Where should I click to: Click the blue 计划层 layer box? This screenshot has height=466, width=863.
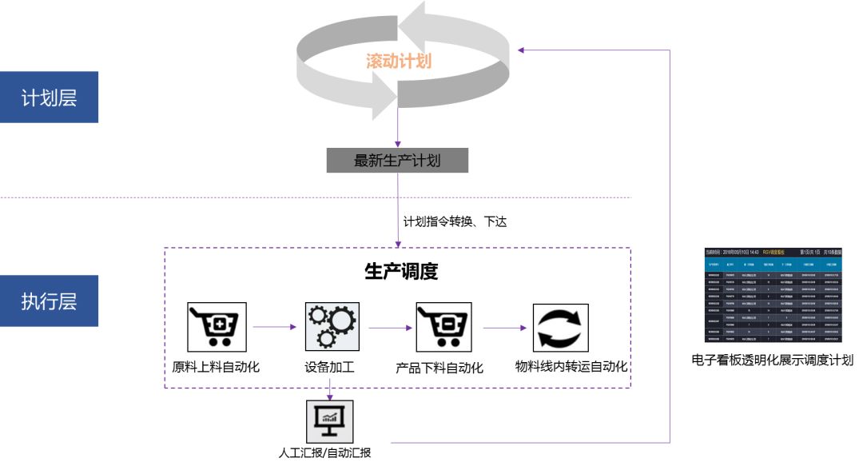49,98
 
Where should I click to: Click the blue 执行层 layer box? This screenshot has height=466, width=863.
49,301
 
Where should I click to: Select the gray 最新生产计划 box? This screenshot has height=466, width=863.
397,161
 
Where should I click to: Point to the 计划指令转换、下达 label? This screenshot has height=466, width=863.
455,221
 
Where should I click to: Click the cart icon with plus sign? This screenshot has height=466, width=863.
217,327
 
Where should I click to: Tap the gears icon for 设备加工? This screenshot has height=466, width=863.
331,327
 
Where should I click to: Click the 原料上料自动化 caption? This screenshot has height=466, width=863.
216,368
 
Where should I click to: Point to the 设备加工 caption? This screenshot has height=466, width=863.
329,368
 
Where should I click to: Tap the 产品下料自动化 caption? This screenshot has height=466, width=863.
439,368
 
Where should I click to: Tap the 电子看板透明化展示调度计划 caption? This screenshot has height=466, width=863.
772,360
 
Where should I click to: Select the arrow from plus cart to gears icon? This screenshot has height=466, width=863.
275,326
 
